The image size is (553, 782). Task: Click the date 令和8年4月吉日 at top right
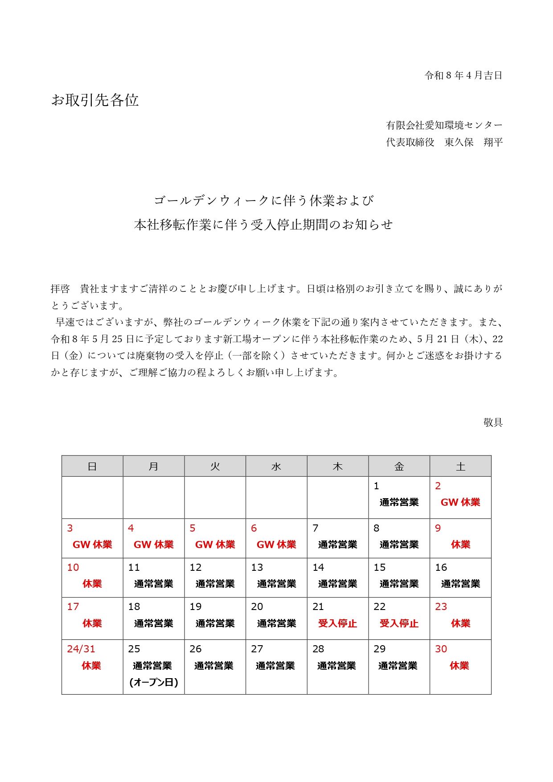(463, 75)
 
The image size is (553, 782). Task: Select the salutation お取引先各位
(95, 100)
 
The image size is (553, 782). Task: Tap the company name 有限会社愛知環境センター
(444, 125)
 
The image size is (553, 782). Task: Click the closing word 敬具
(493, 422)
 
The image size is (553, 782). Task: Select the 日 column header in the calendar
(92, 467)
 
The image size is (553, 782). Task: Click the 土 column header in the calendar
(460, 467)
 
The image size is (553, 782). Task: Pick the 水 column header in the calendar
(276, 467)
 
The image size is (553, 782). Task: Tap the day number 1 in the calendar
(377, 486)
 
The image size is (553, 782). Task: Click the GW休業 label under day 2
(460, 502)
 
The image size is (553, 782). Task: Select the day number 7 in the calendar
(315, 528)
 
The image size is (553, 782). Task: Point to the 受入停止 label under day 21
(337, 623)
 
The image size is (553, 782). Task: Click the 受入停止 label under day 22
(399, 623)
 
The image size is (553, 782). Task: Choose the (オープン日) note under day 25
(154, 682)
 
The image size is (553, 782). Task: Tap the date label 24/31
(81, 649)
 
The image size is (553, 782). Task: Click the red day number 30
(441, 649)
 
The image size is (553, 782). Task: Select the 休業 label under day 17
(92, 623)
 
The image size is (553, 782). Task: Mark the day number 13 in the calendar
(257, 567)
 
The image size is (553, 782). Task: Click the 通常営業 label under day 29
(397, 666)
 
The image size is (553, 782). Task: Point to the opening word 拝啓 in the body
(60, 289)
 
